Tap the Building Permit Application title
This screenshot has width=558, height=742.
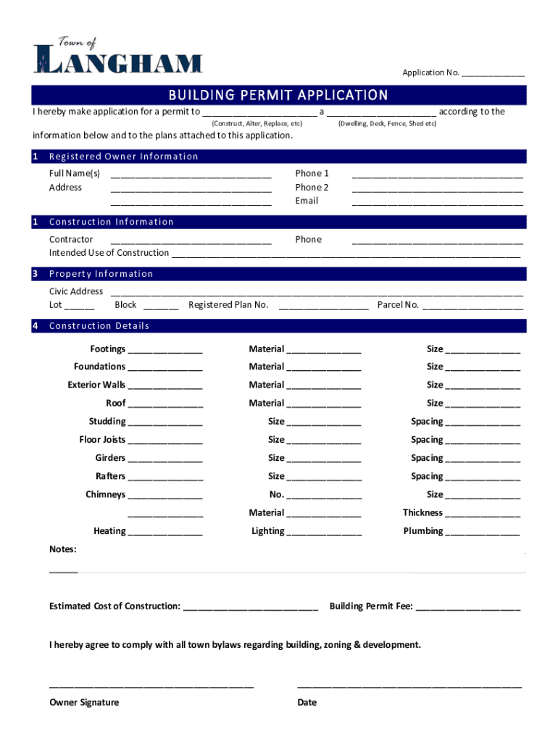click(x=278, y=96)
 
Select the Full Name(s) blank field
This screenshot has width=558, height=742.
click(x=191, y=175)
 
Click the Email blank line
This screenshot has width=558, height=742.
click(x=437, y=202)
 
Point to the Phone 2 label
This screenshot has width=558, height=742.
click(x=312, y=188)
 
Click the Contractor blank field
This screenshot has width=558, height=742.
click(x=191, y=241)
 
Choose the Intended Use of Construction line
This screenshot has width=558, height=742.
click(x=345, y=254)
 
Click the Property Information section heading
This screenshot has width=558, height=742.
click(x=101, y=274)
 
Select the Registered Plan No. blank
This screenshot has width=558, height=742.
click(x=323, y=307)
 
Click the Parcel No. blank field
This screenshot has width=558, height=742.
click(x=472, y=307)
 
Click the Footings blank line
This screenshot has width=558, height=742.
click(x=165, y=351)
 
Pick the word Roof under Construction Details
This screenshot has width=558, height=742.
click(x=116, y=404)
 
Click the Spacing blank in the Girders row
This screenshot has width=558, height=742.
click(x=483, y=459)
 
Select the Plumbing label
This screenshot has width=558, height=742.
click(x=423, y=531)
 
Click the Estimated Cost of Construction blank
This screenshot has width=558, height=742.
click(x=251, y=607)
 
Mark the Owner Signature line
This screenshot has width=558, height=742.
click(x=151, y=684)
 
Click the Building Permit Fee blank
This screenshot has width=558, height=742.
click(x=467, y=607)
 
